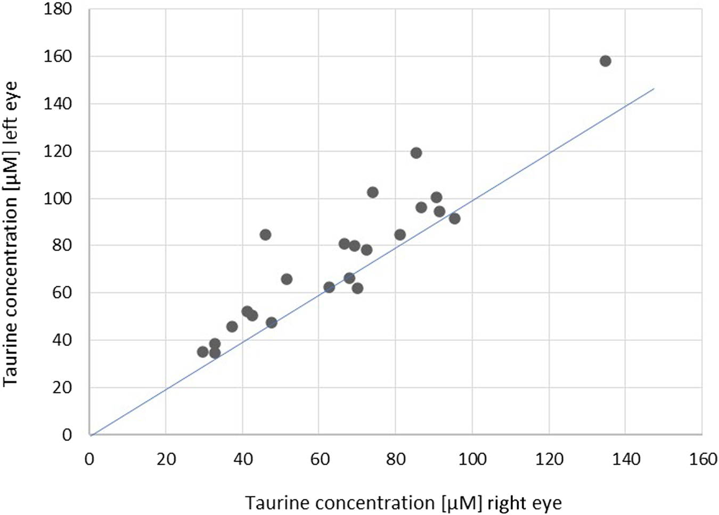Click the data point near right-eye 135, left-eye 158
tap(605, 61)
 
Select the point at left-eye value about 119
tap(416, 153)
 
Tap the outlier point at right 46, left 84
tap(265, 235)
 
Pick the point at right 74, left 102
tap(373, 193)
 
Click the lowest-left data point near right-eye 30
tap(202, 352)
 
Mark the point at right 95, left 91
tap(454, 219)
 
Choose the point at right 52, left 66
tap(287, 279)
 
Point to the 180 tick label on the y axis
tap(58, 9)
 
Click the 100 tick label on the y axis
tap(58, 198)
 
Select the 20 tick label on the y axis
tap(63, 388)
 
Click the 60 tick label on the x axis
tap(320, 459)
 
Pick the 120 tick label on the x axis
tap(549, 459)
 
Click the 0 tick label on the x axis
tap(89, 459)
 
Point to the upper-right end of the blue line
tap(653, 89)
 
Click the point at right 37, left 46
tap(232, 327)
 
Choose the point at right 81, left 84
tap(400, 235)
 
